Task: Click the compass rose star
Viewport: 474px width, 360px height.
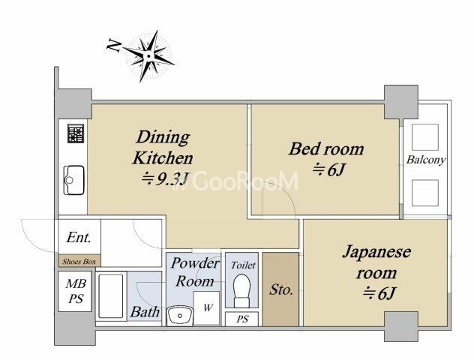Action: tap(148, 56)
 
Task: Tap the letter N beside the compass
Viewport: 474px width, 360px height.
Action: tap(114, 46)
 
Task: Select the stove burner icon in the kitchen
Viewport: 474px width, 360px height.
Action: tap(76, 133)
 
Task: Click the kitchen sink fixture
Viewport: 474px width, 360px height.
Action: tap(73, 180)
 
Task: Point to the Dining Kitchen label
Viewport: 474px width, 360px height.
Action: tap(163, 147)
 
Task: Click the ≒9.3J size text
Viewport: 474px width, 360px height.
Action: tap(166, 179)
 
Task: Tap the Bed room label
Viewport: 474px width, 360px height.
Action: tap(326, 149)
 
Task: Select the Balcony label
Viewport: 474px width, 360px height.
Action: tap(426, 160)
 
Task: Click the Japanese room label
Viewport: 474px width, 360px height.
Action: tap(376, 262)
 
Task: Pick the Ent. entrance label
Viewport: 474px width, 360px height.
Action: tap(79, 237)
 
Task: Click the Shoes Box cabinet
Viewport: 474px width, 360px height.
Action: tap(79, 261)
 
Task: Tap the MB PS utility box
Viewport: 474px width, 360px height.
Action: tap(75, 292)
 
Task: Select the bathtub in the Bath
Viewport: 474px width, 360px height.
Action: tap(111, 296)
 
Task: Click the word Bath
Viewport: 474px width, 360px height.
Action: tap(145, 312)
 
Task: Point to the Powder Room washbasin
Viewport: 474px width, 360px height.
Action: tap(180, 316)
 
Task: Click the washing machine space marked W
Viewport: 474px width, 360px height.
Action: tap(206, 307)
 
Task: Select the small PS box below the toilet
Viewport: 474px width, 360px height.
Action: tap(241, 319)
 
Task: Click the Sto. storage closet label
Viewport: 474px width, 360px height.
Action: tap(280, 289)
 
